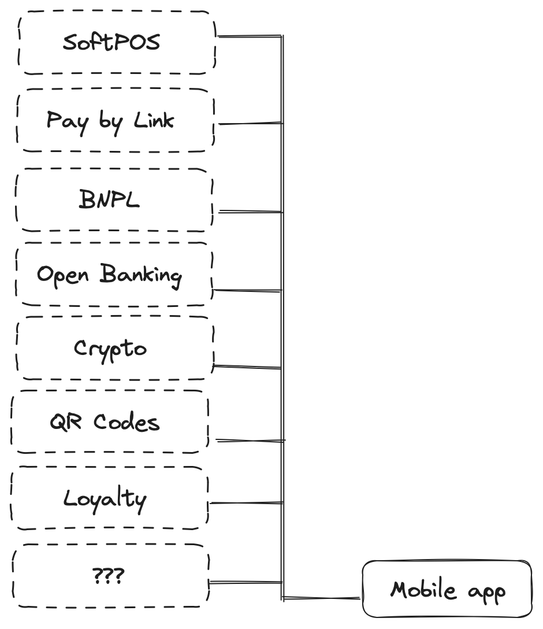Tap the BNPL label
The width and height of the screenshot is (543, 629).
(109, 199)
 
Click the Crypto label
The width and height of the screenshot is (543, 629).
(110, 348)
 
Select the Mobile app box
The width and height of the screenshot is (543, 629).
(447, 589)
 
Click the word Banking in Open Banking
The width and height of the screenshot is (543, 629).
(141, 275)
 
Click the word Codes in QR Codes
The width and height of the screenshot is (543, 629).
(127, 422)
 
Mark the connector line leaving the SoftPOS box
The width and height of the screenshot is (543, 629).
(248, 37)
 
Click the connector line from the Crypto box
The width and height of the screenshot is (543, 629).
(247, 367)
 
